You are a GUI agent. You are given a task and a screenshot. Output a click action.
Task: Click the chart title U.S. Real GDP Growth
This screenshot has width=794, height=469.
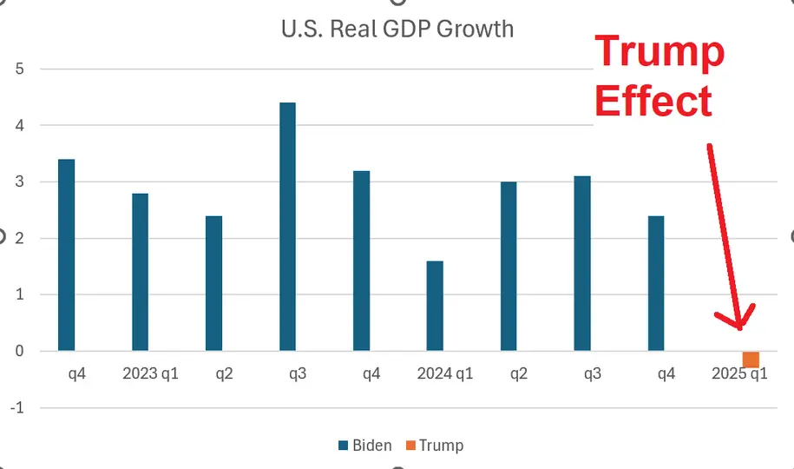tap(397, 29)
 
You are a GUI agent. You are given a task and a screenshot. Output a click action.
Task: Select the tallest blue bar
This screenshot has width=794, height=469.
tap(287, 227)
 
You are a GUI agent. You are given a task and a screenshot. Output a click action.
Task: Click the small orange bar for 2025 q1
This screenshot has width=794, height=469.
tap(751, 360)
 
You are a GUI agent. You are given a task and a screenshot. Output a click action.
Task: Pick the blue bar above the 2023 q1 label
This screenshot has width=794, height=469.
tap(140, 272)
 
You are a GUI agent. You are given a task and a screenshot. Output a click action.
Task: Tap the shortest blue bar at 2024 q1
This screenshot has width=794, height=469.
tap(435, 306)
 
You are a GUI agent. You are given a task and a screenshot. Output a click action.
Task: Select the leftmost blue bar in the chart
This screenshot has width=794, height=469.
tap(66, 255)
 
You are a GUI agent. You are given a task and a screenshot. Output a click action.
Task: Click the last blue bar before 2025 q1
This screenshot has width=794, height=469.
tap(656, 283)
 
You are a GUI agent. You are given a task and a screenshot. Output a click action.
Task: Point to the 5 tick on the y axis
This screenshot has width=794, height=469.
tap(20, 69)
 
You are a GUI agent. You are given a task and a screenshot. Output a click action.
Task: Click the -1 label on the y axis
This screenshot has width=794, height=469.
tap(17, 408)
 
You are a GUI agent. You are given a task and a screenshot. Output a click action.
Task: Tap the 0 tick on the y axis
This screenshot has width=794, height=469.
tap(20, 352)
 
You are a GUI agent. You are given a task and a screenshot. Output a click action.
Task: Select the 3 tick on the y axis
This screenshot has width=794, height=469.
tap(20, 182)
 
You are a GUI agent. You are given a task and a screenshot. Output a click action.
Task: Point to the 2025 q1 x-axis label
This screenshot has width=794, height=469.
tap(739, 374)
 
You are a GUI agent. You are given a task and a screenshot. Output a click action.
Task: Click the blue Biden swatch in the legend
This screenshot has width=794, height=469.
tap(344, 446)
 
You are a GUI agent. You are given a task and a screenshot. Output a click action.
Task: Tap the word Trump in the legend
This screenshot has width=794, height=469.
tap(441, 446)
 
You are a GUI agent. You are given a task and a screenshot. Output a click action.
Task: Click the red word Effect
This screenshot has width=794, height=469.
tap(653, 101)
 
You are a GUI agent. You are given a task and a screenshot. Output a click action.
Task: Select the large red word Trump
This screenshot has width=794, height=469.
tap(659, 52)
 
